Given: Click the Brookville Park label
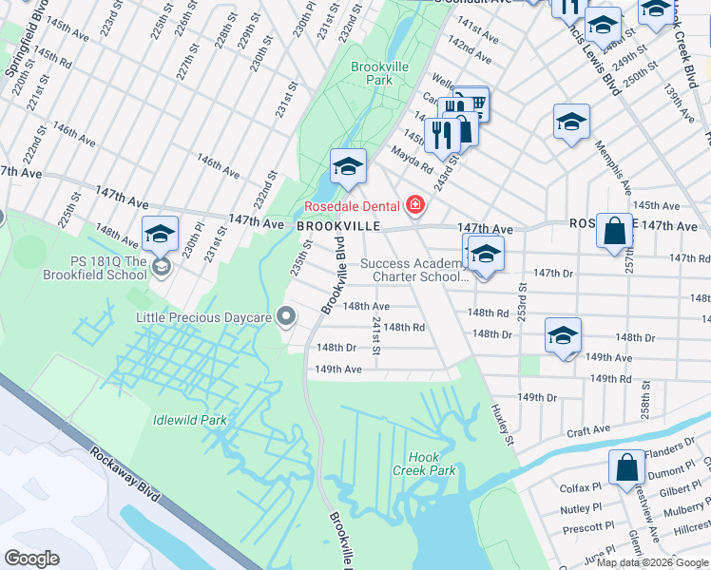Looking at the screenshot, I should click(x=372, y=74).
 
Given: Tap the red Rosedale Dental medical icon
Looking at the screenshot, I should click(x=413, y=204).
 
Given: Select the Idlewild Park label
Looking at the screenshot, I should click(x=190, y=419).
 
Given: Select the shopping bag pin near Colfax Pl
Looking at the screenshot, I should click(x=626, y=468).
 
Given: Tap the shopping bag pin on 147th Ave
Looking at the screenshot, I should click(x=614, y=230).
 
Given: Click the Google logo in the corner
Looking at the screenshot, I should click(x=31, y=558).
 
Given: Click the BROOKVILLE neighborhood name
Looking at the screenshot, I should click(x=337, y=227).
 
